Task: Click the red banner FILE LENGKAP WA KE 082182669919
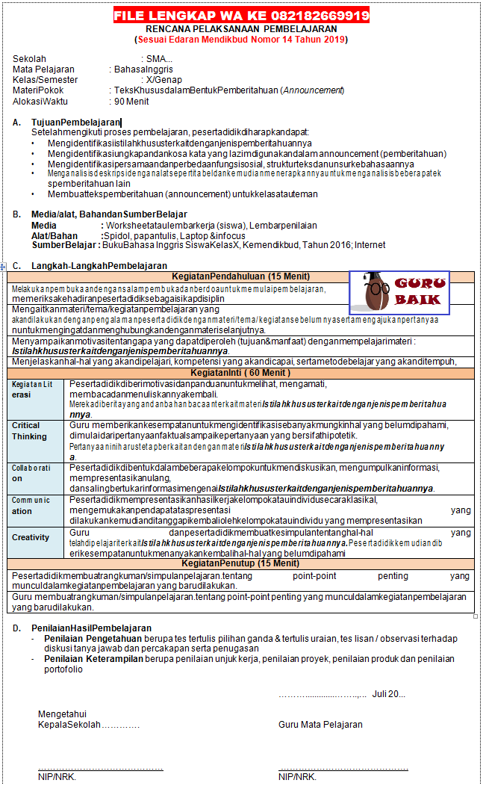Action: click(241, 16)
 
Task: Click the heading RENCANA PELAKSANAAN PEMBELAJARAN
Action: click(241, 29)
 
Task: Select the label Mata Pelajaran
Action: click(43, 69)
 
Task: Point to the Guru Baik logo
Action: click(399, 293)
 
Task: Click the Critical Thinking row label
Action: click(29, 430)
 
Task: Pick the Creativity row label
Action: click(31, 537)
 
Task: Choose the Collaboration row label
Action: click(31, 473)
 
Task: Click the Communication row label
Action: click(31, 506)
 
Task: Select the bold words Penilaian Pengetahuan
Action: click(91, 639)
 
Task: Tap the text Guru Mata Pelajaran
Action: click(320, 724)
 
